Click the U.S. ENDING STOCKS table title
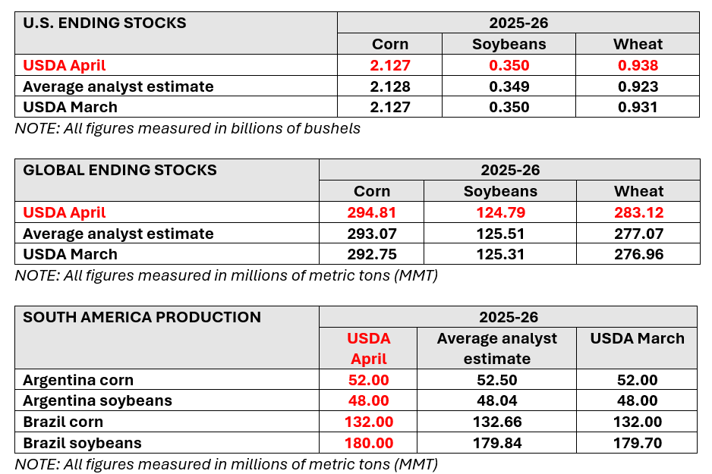[105, 23]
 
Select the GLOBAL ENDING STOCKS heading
[120, 170]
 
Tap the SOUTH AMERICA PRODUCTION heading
[142, 317]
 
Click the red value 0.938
[638, 65]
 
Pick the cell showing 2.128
[390, 86]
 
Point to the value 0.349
[509, 86]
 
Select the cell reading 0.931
[638, 107]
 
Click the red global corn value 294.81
[372, 212]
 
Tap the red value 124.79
[500, 212]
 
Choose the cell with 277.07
[638, 234]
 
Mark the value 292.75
[372, 254]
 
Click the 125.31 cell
[500, 254]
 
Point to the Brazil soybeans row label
[82, 443]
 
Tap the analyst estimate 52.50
[496, 380]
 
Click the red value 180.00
[368, 443]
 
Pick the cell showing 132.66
[496, 422]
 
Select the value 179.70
[637, 443]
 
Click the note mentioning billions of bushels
[187, 128]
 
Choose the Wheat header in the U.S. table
[638, 44]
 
